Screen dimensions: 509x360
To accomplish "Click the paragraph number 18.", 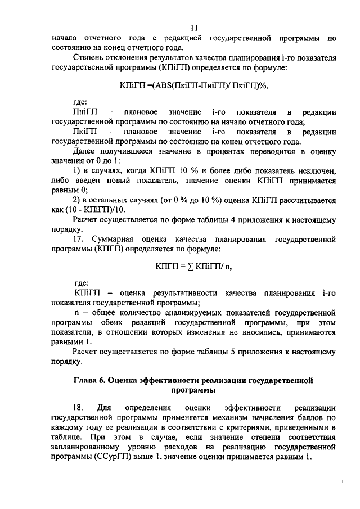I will pos(77,407).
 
